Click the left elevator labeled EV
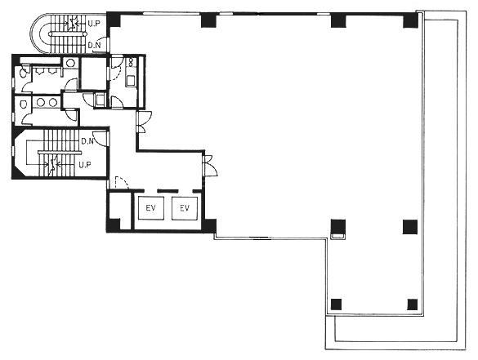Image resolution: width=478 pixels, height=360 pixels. coord(151,208)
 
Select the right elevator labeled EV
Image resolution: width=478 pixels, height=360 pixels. coord(185,208)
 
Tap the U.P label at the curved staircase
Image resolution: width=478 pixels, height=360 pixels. coord(94,24)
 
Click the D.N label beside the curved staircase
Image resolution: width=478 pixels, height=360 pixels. coord(94,46)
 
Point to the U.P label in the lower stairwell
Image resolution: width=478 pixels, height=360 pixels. coord(85,165)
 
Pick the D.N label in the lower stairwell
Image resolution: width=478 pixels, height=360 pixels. coord(87,141)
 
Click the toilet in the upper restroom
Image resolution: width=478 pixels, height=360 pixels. coord(23,72)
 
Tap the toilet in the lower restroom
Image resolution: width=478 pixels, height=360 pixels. coord(23,104)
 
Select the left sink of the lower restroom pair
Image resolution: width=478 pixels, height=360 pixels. coord(41,103)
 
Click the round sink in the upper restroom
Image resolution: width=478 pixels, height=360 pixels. coord(70,63)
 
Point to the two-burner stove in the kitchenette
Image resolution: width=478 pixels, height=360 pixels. coord(132,62)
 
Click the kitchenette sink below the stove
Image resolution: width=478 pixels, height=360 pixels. coord(131,80)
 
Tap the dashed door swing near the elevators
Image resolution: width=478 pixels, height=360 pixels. coord(122,182)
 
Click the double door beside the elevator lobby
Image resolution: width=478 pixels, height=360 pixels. coord(211,166)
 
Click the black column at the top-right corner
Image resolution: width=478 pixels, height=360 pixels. coord(410,20)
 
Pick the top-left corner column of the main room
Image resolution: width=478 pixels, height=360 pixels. coord(114,20)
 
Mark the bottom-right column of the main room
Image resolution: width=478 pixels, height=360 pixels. coord(413,304)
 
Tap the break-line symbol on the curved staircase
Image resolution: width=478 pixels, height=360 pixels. coord(72,24)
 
